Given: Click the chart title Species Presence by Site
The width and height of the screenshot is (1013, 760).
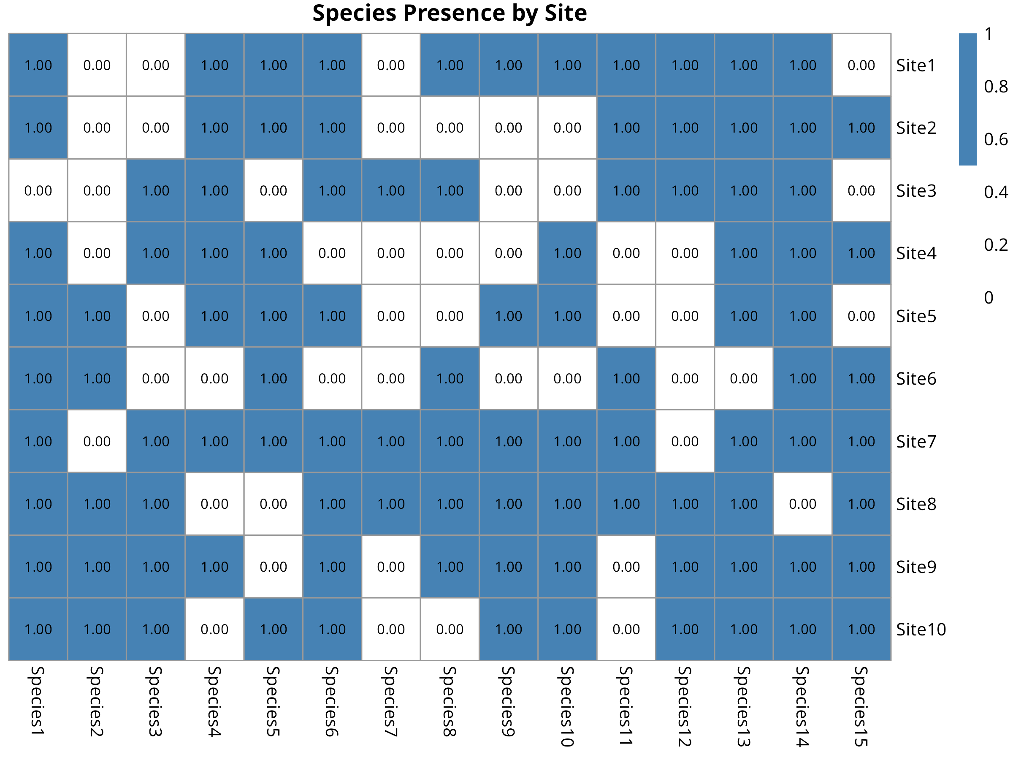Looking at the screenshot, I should click(449, 13).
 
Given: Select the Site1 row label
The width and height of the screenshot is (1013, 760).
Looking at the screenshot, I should click(915, 65).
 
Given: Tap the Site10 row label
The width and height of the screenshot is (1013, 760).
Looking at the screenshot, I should click(921, 630).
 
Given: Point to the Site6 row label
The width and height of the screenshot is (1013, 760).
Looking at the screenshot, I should click(916, 379).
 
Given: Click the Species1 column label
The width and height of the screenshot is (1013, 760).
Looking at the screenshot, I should click(38, 701).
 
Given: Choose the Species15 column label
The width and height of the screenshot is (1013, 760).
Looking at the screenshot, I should click(861, 706).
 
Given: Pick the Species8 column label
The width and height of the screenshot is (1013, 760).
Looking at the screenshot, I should click(449, 701).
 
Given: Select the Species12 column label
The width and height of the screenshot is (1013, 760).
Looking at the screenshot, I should click(685, 706).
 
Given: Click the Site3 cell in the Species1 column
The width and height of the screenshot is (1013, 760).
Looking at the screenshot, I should click(38, 190).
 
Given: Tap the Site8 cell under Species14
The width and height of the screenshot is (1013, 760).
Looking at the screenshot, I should click(802, 504).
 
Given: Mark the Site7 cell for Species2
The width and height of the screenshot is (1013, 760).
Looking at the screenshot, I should click(97, 441).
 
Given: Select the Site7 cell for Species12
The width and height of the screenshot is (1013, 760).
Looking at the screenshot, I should click(685, 441).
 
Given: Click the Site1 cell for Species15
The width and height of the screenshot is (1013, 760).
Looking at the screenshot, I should click(861, 65).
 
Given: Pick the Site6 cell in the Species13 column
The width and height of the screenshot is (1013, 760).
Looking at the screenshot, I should click(744, 378).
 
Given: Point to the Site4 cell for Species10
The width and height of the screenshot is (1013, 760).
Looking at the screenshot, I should click(567, 253).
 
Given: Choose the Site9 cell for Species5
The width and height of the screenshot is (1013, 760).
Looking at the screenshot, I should click(274, 567).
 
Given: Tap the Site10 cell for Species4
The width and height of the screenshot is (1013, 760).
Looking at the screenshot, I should click(214, 630).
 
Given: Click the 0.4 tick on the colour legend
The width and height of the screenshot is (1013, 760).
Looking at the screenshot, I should click(996, 192).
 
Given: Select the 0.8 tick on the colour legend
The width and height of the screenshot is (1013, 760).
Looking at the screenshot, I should click(996, 86).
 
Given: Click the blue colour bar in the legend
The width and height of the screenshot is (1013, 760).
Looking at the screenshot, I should click(968, 99).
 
